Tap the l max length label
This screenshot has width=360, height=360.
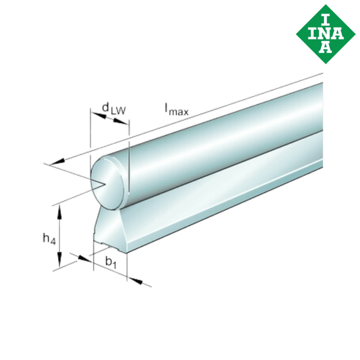(178, 109)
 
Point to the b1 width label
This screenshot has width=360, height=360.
(110, 262)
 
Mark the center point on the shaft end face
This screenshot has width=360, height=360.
(106, 183)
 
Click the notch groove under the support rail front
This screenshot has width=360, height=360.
(109, 247)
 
